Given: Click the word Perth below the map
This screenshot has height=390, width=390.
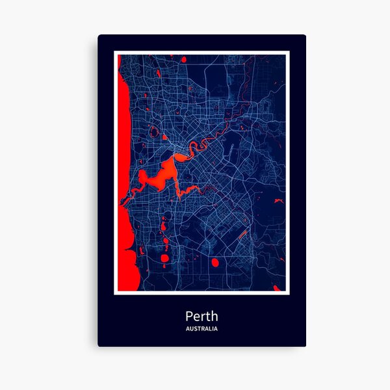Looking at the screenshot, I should (x=201, y=317).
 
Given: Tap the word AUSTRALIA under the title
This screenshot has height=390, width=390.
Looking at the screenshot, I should (x=201, y=329).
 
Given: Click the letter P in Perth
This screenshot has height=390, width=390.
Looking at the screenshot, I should (x=188, y=317).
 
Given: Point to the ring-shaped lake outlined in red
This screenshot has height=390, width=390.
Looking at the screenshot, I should (x=154, y=133).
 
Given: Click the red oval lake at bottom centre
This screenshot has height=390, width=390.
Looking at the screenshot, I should (x=214, y=263).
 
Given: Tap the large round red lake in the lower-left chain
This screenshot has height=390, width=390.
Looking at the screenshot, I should (x=164, y=258).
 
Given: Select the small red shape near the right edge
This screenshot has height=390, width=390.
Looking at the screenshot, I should (x=278, y=202).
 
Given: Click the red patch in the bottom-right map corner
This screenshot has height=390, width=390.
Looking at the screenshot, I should (x=280, y=286).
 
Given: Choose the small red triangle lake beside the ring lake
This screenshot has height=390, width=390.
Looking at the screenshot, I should (x=164, y=138).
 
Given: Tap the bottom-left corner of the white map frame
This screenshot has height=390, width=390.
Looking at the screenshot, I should (x=115, y=294).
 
